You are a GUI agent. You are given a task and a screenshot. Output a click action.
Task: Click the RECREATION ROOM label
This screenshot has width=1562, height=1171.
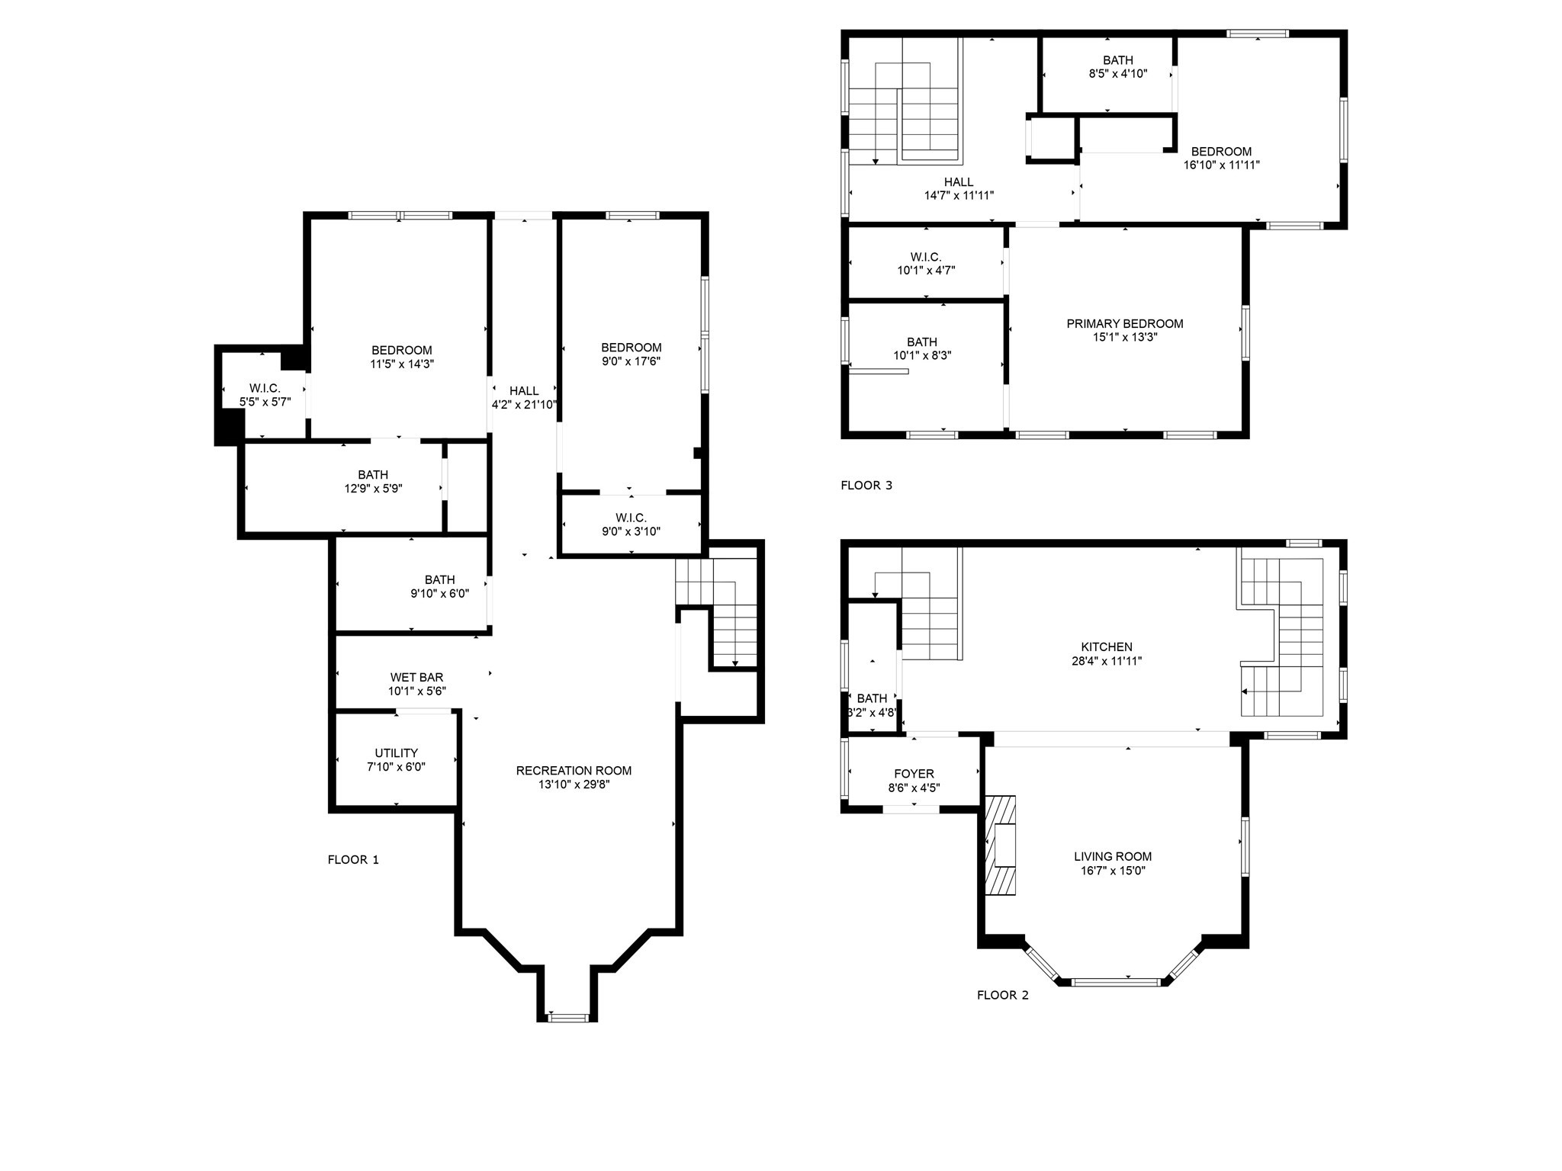click(x=574, y=771)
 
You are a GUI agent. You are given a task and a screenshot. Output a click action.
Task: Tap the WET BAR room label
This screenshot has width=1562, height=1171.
click(x=416, y=677)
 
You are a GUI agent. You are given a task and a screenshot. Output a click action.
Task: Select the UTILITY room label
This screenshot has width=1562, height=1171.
click(x=396, y=753)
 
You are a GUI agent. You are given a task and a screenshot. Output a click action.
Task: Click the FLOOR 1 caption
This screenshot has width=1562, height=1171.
click(x=353, y=860)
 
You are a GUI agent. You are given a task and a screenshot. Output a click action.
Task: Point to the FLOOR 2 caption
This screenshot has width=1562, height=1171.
click(x=1002, y=995)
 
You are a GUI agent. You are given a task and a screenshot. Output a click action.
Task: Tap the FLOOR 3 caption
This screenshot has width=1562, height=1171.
click(x=866, y=486)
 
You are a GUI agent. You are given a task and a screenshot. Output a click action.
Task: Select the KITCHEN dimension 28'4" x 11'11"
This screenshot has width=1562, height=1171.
click(x=1106, y=662)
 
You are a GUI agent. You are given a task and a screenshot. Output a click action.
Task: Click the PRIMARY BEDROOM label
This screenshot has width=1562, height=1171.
click(x=1124, y=324)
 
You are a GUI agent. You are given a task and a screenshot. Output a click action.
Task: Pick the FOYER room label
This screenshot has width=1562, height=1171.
click(x=914, y=774)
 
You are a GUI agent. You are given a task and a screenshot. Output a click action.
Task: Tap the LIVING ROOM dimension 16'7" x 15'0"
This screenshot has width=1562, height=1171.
click(x=1112, y=871)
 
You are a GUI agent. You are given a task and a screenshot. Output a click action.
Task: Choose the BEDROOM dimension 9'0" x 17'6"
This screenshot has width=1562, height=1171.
click(x=631, y=361)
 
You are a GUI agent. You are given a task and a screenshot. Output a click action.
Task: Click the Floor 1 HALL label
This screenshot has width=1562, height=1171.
click(x=524, y=391)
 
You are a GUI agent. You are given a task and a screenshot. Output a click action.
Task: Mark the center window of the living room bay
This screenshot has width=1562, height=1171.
click(x=1117, y=982)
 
